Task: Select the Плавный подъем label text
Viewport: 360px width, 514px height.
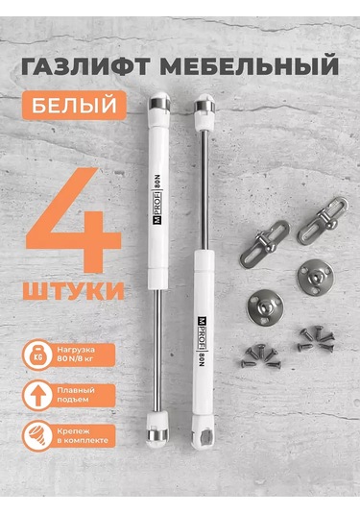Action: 89,398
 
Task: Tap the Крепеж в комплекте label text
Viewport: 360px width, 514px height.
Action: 96,437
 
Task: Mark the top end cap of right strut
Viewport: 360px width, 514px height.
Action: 204,105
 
